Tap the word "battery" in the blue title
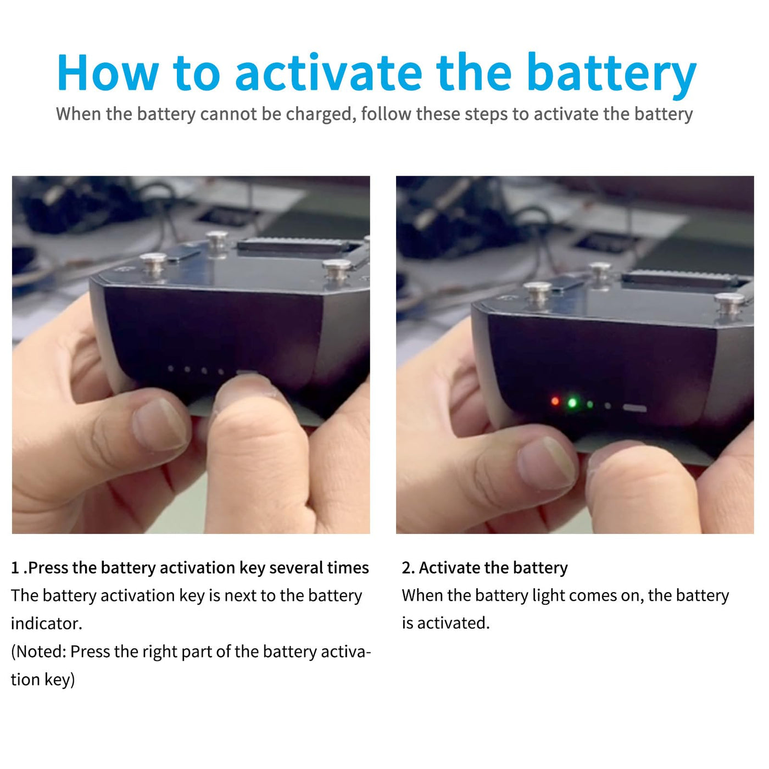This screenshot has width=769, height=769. pyautogui.click(x=612, y=76)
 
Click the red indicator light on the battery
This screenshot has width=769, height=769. pyautogui.click(x=555, y=401)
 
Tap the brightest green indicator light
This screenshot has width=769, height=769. pyautogui.click(x=572, y=403)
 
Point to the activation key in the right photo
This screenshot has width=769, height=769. pyautogui.click(x=634, y=408)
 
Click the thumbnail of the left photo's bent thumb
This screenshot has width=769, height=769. pyautogui.click(x=159, y=424)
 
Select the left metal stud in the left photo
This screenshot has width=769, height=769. pyautogui.click(x=153, y=264)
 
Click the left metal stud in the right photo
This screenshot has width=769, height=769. pyautogui.click(x=537, y=293)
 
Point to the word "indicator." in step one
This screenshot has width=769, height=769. pyautogui.click(x=46, y=623)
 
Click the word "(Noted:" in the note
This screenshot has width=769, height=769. pyautogui.click(x=38, y=652)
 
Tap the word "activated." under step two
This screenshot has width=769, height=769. pyautogui.click(x=453, y=623)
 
